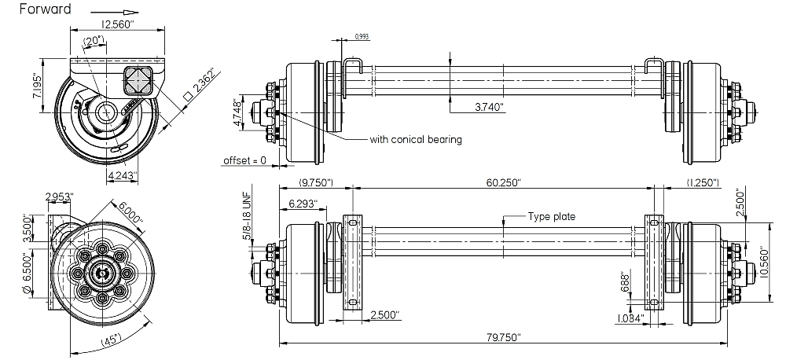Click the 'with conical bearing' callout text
click(416, 140)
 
